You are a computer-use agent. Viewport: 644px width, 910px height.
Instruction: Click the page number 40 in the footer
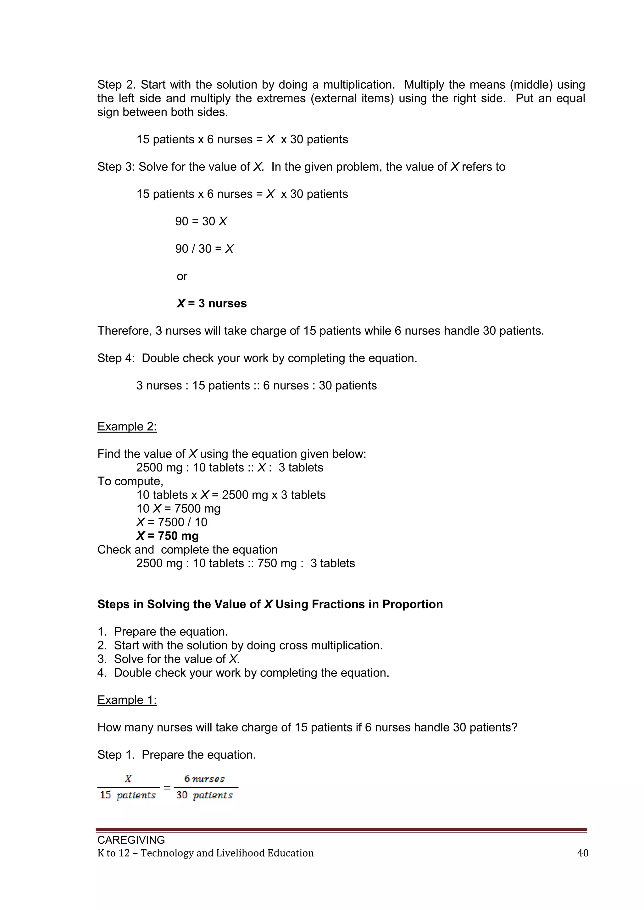(583, 853)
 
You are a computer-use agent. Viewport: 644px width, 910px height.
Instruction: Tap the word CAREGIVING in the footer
(131, 840)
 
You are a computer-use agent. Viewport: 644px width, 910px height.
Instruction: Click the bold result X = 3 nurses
(211, 304)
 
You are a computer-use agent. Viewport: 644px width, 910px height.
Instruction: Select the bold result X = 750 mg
(167, 536)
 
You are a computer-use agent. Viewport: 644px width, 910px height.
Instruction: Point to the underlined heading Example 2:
(127, 427)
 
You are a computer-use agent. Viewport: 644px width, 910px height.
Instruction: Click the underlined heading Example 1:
(127, 700)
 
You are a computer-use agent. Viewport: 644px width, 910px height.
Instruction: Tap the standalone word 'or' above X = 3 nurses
(182, 276)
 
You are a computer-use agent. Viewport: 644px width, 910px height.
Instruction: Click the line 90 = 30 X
(201, 221)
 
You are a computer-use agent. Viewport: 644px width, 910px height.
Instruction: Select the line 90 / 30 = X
(204, 249)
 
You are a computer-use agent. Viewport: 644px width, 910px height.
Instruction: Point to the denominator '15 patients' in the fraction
(128, 795)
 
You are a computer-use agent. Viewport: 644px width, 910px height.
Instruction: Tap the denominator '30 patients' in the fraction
(204, 795)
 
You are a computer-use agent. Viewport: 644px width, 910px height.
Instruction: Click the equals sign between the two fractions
(167, 787)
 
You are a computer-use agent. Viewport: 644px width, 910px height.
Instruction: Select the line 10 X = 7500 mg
(178, 509)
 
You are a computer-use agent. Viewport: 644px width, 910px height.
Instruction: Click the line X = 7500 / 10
(172, 522)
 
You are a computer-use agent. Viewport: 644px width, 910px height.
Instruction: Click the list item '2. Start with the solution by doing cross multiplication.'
(240, 645)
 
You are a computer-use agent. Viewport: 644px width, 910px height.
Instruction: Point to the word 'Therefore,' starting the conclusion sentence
(125, 331)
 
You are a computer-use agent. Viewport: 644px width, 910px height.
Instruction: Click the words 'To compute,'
(130, 481)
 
